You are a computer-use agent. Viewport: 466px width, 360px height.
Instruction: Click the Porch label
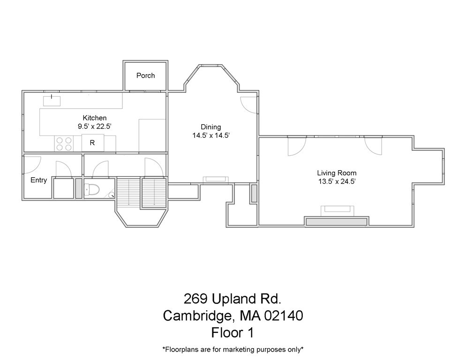coord(145,75)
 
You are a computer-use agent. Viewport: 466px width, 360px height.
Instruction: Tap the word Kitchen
coord(95,118)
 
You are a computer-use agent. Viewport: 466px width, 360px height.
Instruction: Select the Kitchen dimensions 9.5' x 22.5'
coord(95,126)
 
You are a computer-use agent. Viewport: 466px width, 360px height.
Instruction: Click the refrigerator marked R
coord(92,143)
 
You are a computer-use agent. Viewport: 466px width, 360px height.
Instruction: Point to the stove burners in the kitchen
coord(64,143)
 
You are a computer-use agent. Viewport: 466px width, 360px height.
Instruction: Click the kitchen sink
coord(52,100)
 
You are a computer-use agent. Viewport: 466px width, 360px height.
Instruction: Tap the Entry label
coord(38,180)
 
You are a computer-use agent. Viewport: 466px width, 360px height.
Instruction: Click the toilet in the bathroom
coord(92,190)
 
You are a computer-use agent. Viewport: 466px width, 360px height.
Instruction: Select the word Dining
coord(210,127)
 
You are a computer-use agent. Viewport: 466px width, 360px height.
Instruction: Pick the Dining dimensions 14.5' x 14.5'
coord(210,135)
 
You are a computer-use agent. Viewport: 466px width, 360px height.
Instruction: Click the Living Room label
coord(337,173)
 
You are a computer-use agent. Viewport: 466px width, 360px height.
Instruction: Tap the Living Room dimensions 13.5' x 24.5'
coord(337,181)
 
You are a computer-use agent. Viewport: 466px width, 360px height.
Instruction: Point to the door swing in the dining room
coord(248,104)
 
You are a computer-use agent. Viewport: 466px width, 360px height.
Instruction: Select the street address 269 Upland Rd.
coord(233,298)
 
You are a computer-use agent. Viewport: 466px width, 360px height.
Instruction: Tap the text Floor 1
coord(233,332)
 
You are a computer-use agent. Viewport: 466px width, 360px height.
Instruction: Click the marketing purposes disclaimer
coord(233,349)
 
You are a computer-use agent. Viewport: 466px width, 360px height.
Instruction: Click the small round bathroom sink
coord(111,195)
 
